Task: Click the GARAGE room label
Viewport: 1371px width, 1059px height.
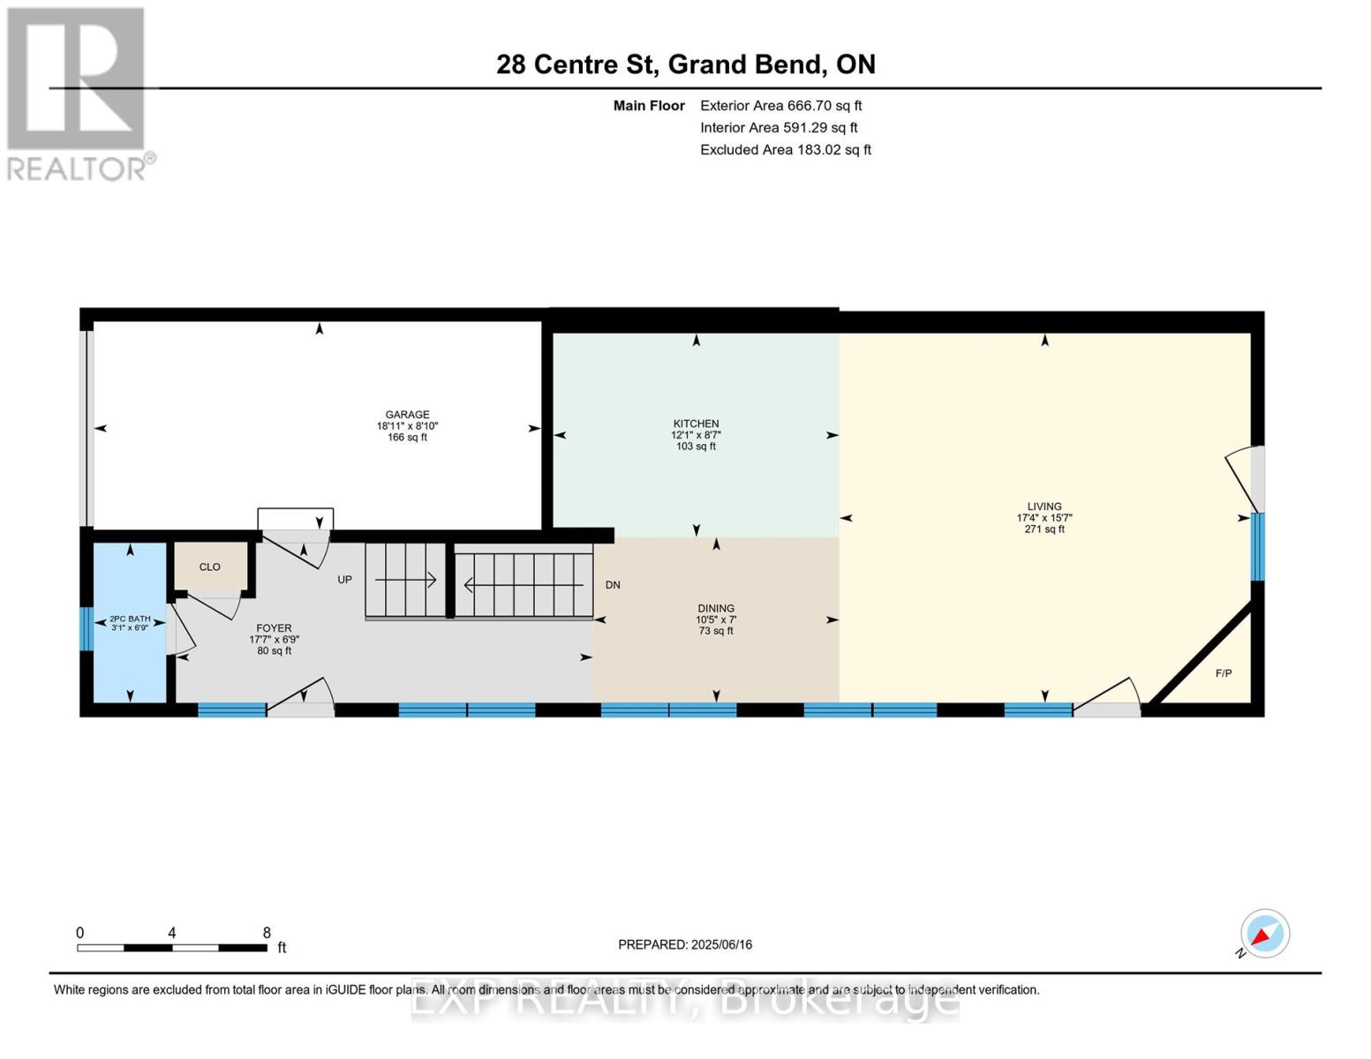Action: [x=407, y=415]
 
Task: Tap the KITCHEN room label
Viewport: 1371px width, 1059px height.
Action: [x=696, y=424]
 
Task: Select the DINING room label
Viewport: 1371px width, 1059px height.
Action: [x=715, y=608]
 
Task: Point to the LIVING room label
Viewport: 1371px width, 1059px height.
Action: [x=1044, y=507]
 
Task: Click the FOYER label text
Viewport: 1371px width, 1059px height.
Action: [x=274, y=628]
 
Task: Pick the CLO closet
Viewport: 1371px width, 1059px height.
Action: [x=210, y=567]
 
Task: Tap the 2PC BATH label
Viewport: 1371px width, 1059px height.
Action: [x=130, y=619]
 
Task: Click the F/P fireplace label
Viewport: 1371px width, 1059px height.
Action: [x=1224, y=673]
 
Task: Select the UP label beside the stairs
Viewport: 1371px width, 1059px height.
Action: [x=344, y=580]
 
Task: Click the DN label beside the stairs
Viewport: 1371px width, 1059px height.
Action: [x=613, y=585]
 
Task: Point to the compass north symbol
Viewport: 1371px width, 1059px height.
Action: [x=1264, y=934]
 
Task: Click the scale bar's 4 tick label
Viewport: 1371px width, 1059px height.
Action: [x=172, y=933]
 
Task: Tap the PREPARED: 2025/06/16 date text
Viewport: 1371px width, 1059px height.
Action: [x=685, y=944]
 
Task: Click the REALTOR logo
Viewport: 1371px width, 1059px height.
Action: [x=78, y=93]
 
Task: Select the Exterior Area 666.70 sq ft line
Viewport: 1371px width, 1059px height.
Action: [x=780, y=105]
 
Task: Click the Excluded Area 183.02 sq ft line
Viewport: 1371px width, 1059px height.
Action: [x=785, y=149]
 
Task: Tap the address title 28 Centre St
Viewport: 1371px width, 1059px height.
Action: [x=685, y=64]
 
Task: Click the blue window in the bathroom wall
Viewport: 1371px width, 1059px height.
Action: [x=87, y=628]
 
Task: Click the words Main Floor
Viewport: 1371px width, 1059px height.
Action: [x=649, y=105]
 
